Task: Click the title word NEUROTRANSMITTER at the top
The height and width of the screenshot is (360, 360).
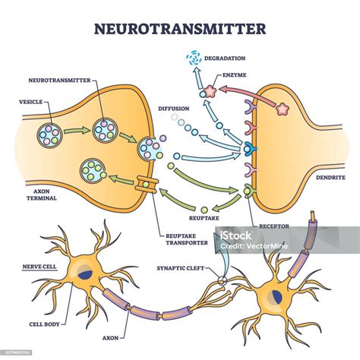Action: (x=179, y=29)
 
